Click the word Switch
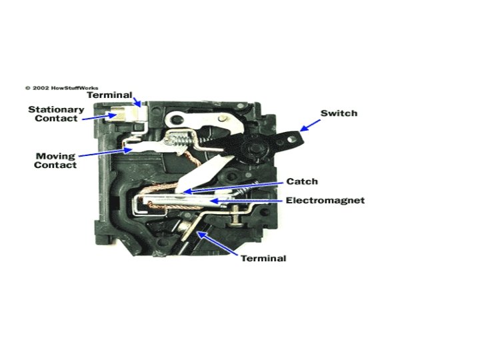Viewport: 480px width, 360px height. coord(339,113)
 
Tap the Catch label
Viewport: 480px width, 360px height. coord(302,181)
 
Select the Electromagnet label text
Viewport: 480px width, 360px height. coord(325,200)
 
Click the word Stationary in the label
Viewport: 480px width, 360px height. coord(56,109)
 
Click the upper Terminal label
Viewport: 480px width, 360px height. coord(110,95)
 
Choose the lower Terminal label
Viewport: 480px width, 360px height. coord(263,258)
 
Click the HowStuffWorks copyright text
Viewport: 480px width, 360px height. coord(58,87)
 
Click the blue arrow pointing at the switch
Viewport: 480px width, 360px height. coord(309,123)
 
